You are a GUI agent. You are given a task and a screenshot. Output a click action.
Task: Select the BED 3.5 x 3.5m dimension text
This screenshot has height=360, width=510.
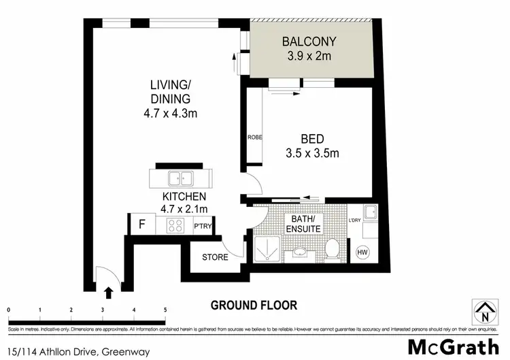pyautogui.click(x=312, y=153)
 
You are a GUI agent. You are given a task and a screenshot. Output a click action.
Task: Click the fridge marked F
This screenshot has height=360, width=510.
pyautogui.click(x=141, y=223)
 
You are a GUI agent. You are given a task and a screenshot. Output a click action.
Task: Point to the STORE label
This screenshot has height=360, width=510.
pyautogui.click(x=215, y=257)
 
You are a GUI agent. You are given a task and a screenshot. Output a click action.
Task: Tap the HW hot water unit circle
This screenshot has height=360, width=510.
pyautogui.click(x=362, y=253)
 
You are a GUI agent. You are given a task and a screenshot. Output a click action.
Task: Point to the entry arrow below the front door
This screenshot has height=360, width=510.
pyautogui.click(x=108, y=293)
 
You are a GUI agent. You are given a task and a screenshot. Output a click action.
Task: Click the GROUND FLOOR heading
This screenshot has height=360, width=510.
pyautogui.click(x=253, y=305)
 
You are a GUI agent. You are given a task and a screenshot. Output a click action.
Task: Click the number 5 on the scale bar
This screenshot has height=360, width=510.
pyautogui.click(x=165, y=310)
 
